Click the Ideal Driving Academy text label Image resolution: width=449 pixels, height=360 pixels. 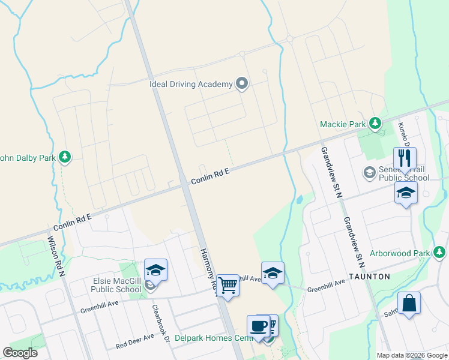click(x=190, y=84)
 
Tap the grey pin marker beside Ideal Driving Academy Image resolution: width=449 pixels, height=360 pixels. click(x=242, y=83)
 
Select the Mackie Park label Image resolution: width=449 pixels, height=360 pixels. click(x=342, y=124)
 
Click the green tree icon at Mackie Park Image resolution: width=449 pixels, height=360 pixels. click(x=375, y=124)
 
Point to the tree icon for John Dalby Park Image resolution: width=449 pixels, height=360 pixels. click(x=65, y=158)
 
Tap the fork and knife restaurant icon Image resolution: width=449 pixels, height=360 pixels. click(x=404, y=158)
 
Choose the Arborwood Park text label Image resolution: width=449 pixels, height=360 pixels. click(x=399, y=253)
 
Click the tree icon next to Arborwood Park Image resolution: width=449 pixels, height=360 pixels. click(x=440, y=252)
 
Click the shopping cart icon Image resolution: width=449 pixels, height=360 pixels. click(x=228, y=286)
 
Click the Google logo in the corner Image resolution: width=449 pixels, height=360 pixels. click(x=20, y=352)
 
